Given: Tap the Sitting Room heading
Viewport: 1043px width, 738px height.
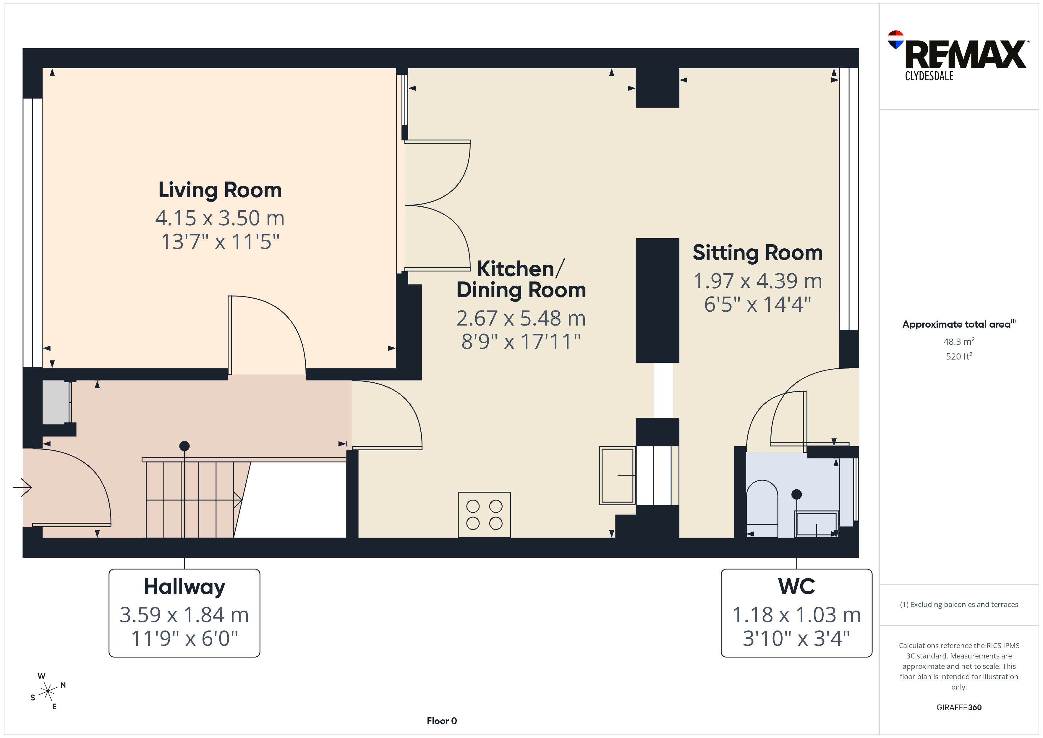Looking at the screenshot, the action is tap(757, 253).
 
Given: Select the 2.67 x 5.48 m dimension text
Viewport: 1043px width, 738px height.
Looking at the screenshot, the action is tap(521, 318).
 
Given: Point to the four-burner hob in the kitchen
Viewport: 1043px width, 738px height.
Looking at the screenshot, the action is tap(484, 514).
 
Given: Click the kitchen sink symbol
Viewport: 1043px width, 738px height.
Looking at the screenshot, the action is tap(617, 476).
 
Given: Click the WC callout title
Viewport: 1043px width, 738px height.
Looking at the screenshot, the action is tap(796, 587).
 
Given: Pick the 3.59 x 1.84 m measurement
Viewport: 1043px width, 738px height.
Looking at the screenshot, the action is tap(184, 615).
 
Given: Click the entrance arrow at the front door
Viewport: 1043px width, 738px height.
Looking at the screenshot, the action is tap(22, 488).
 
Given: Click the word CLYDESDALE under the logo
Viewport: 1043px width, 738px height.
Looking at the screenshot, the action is tap(929, 76).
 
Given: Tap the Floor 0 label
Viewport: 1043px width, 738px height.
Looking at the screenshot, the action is tap(442, 721).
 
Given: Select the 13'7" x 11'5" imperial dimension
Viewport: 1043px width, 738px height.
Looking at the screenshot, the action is tap(220, 242).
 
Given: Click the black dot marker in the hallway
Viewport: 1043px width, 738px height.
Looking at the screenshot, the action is tap(184, 446).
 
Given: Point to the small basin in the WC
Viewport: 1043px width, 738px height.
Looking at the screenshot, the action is tap(816, 524).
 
